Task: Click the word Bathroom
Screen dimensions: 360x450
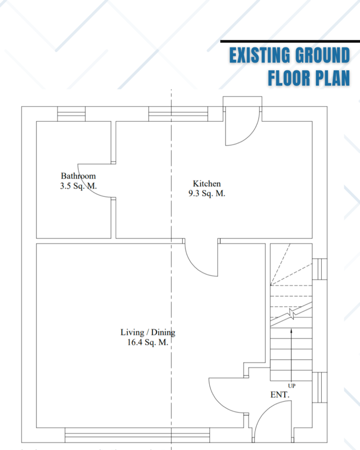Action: (78, 176)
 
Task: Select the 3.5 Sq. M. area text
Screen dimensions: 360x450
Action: (78, 186)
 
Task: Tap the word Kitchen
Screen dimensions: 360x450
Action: (207, 184)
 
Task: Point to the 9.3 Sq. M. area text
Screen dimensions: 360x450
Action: (207, 193)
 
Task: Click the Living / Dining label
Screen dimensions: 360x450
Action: (148, 332)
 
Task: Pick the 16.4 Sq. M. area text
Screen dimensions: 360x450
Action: (148, 342)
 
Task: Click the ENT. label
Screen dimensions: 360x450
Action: (280, 395)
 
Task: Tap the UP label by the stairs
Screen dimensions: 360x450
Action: (292, 386)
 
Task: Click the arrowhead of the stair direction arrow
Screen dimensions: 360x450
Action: (291, 331)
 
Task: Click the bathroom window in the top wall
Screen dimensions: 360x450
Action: (71, 114)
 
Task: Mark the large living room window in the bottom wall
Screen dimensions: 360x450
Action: (137, 435)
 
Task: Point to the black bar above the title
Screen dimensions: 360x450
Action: (290, 42)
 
